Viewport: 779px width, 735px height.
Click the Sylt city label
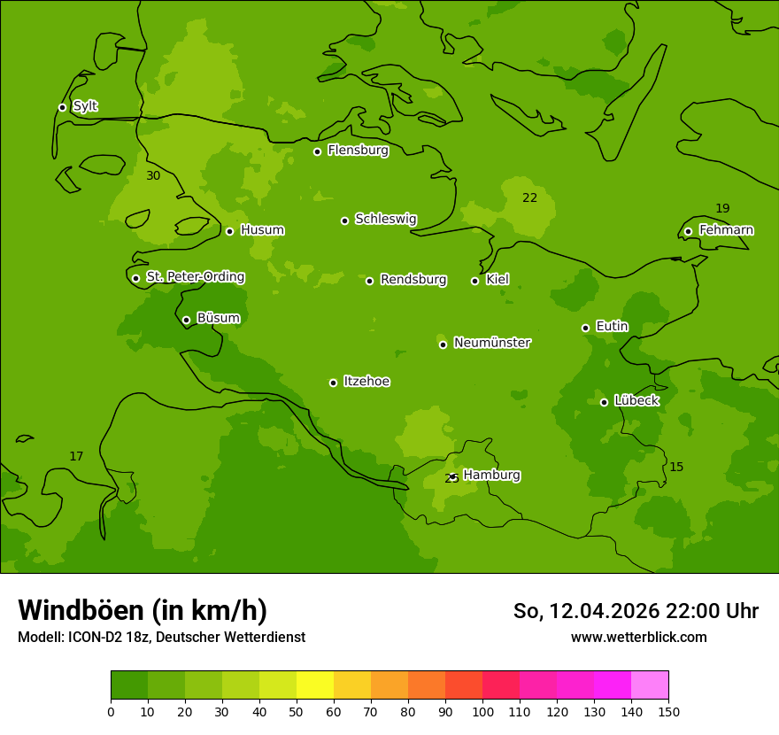pos(85,106)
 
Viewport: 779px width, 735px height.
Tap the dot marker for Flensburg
pos(317,151)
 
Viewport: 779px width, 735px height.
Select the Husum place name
pos(262,230)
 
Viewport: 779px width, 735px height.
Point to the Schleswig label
pos(385,219)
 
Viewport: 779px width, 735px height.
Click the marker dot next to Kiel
pos(474,281)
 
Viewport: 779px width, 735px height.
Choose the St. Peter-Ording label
pos(195,277)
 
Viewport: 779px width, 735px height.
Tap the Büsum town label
pos(218,318)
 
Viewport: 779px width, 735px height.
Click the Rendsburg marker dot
pos(369,281)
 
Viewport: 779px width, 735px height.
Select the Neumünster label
pos(491,343)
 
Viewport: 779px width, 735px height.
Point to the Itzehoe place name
pos(366,382)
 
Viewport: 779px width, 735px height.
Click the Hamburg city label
pos(491,476)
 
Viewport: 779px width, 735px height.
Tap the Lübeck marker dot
pos(604,402)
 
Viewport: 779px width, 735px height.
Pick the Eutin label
pos(612,327)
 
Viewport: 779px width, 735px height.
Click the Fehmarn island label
pos(726,230)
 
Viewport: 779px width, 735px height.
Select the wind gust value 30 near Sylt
pos(153,176)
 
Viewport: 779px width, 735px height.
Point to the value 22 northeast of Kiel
pos(529,198)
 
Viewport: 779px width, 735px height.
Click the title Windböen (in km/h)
pos(143,610)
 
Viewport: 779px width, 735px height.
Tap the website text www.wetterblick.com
pos(638,637)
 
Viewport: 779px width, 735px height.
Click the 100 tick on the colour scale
pos(482,711)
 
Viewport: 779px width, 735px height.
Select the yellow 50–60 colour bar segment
pos(315,685)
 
